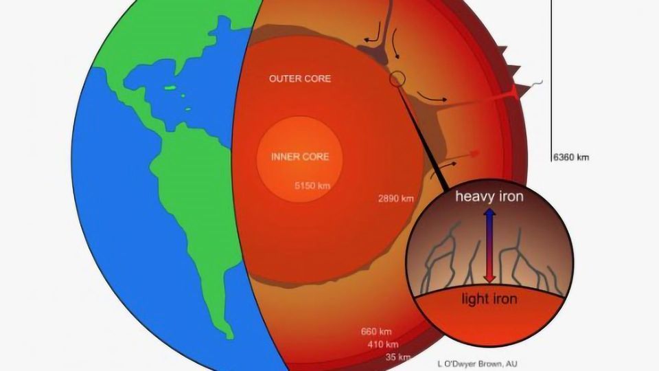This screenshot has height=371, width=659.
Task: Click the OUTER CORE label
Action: [299, 79]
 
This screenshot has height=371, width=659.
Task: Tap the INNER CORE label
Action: [300, 157]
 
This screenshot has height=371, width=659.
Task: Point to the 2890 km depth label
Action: [396, 199]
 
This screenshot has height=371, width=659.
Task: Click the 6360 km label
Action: [570, 157]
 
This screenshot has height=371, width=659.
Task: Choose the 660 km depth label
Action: [376, 332]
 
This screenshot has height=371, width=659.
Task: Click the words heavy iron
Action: [490, 197]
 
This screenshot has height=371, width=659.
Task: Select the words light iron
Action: [489, 299]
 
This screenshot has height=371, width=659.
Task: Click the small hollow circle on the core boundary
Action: [396, 80]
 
